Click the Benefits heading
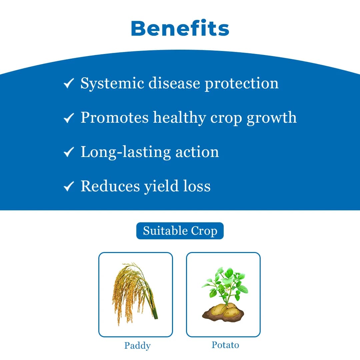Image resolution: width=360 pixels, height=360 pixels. click(180, 29)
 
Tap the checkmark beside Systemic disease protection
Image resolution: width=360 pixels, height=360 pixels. click(68, 83)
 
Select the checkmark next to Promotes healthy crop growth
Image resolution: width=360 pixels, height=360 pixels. click(68, 118)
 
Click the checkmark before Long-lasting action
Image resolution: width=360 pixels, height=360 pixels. click(68, 152)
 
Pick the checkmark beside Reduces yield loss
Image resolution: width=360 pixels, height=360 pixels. click(68, 187)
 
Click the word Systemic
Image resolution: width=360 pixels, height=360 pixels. click(112, 83)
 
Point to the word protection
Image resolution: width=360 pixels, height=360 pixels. click(242, 83)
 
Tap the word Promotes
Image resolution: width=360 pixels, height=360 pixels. click(114, 118)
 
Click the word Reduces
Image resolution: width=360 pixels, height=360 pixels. click(110, 186)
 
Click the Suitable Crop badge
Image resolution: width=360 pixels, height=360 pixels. click(180, 231)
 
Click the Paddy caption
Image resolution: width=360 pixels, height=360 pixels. click(137, 346)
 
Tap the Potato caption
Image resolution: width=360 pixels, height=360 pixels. click(225, 345)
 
